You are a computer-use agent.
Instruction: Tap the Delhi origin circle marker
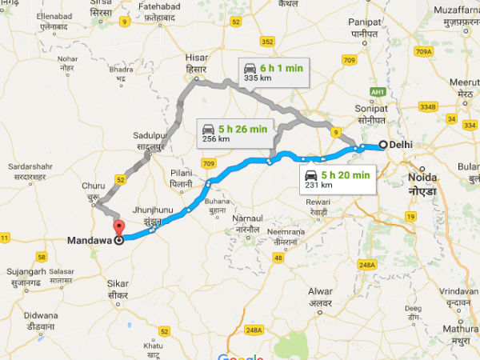(382, 145)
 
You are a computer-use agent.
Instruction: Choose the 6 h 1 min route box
(272, 73)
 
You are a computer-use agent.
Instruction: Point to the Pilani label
(183, 177)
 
